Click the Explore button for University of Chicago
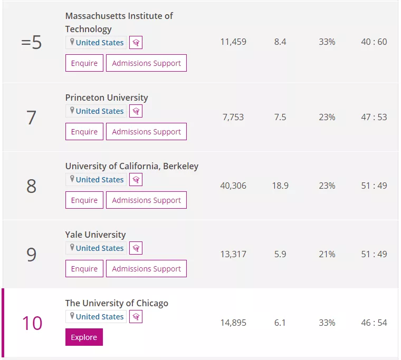(84, 337)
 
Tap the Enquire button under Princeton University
(84, 132)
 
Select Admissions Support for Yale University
(146, 268)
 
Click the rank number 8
(31, 186)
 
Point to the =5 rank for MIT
(31, 42)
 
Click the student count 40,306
(233, 186)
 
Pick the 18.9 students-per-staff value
(280, 186)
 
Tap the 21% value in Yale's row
(327, 254)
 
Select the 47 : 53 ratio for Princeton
(374, 117)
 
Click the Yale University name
(96, 235)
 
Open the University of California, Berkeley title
(132, 166)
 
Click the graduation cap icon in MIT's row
(136, 42)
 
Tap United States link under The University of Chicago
(100, 317)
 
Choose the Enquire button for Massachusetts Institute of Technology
(84, 63)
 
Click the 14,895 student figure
(233, 323)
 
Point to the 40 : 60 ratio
(374, 42)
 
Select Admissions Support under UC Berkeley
(146, 200)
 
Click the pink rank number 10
(32, 323)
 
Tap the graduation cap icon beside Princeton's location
(136, 111)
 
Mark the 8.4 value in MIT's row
(280, 42)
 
